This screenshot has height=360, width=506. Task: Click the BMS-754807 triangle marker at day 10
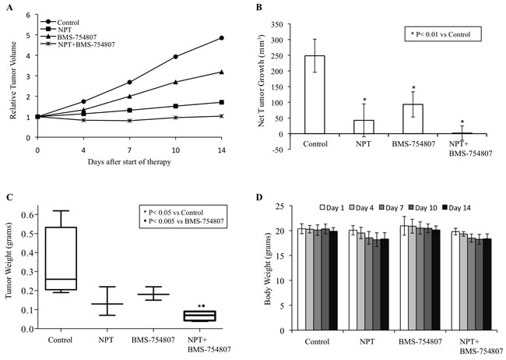click(x=176, y=82)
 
